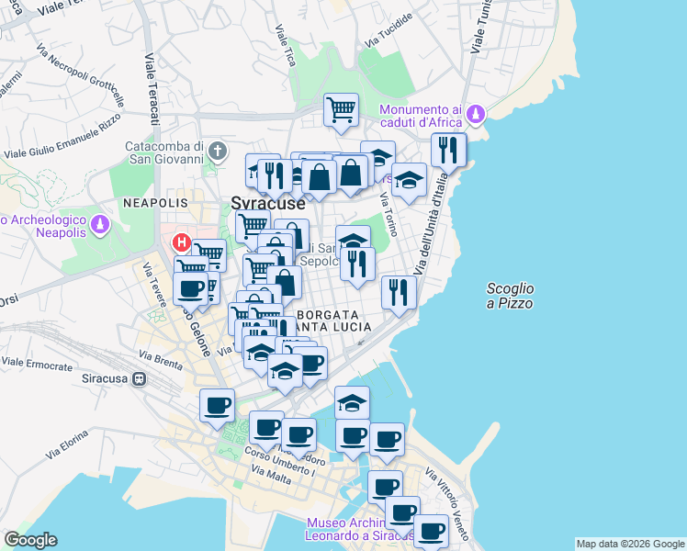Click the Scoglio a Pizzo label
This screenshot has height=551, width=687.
(x=510, y=296)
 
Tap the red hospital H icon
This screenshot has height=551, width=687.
(x=181, y=243)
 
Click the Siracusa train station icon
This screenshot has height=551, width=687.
(x=139, y=377)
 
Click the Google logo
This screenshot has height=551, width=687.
(x=30, y=540)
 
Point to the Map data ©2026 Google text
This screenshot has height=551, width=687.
(x=629, y=544)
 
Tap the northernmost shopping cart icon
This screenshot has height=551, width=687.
(x=341, y=110)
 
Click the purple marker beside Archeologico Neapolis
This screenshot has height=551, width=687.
(x=101, y=224)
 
